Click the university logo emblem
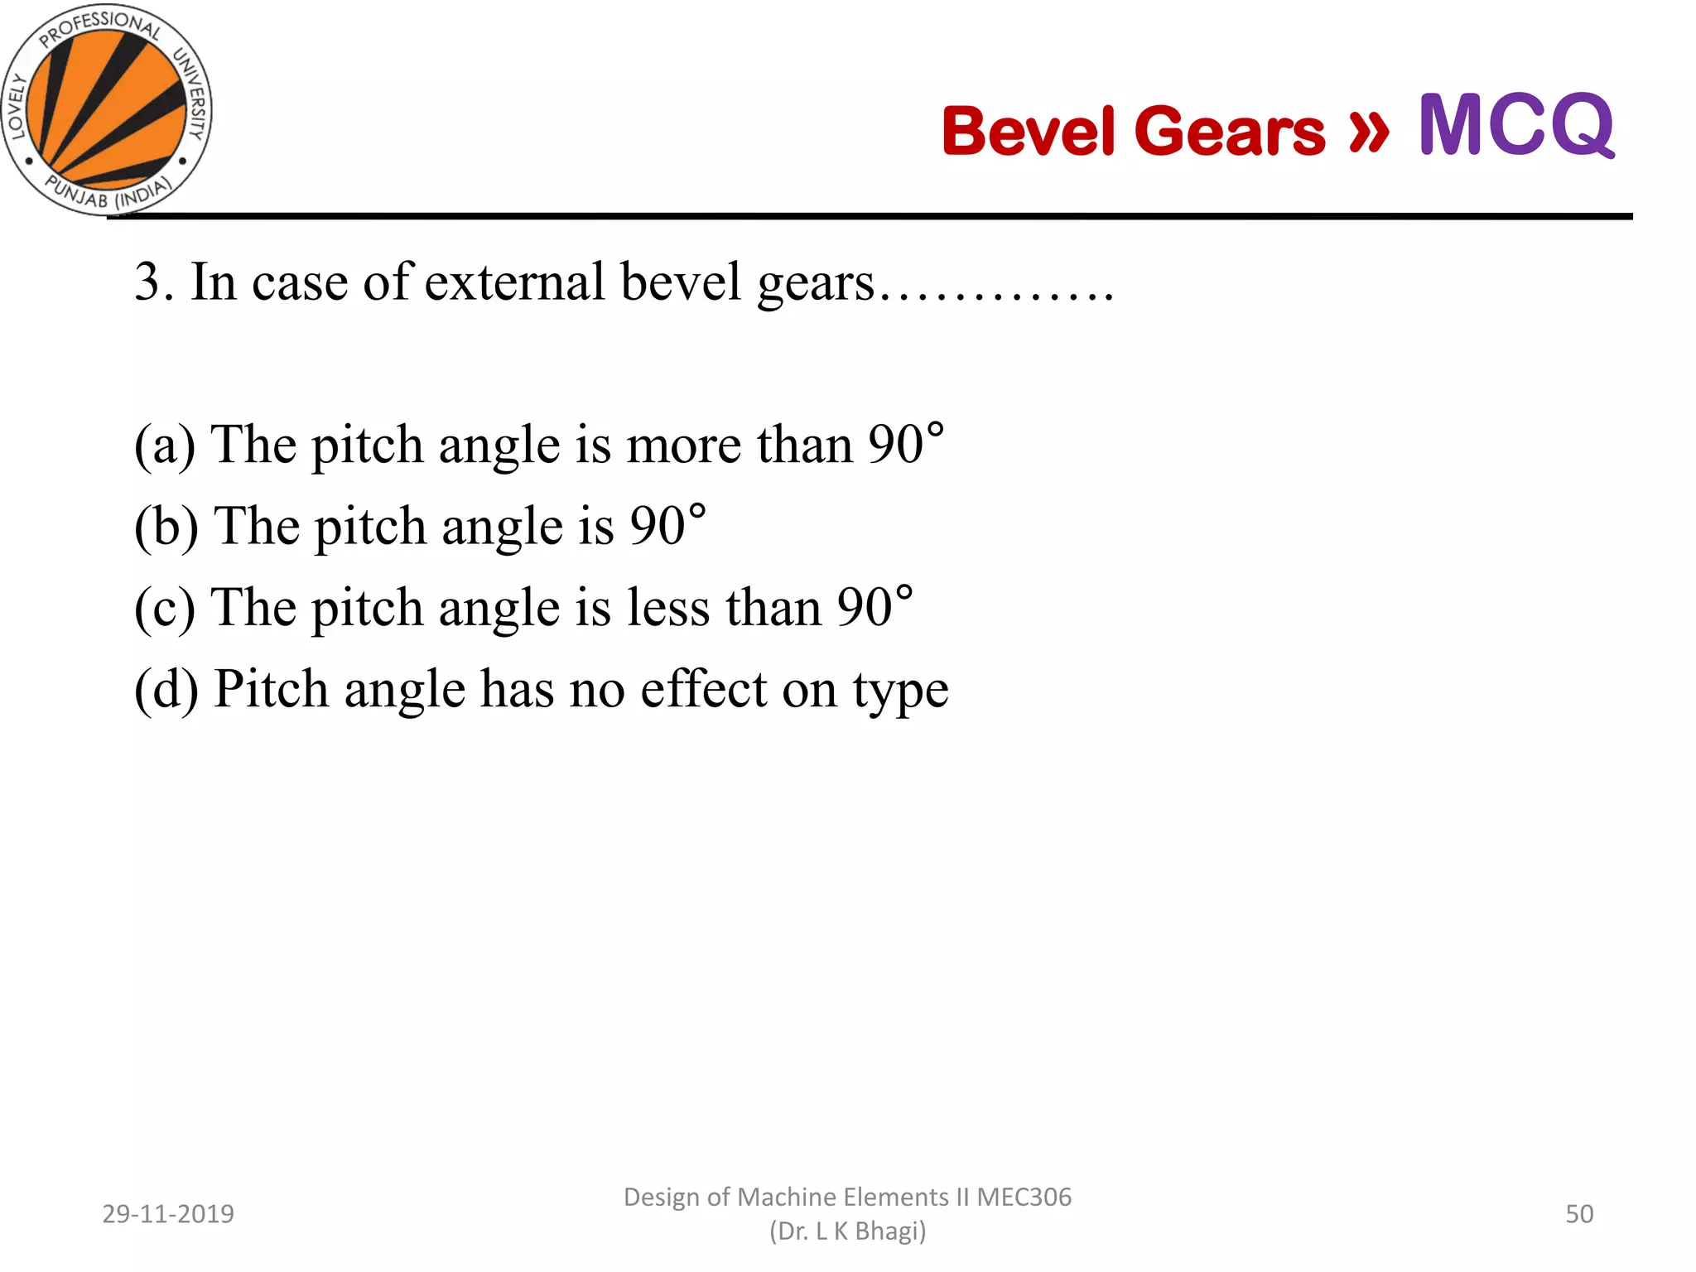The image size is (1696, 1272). coord(106,109)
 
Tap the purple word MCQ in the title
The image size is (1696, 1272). coord(1515,126)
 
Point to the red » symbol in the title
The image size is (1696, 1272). coord(1368,129)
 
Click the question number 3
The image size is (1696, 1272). coord(148,282)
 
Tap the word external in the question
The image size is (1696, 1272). coord(514,282)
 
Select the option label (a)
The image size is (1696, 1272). coord(165,445)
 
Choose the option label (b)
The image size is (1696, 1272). coord(166,526)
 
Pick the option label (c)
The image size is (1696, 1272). coord(165,607)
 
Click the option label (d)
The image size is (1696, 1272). coord(166,688)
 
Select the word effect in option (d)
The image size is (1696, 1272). coord(703,688)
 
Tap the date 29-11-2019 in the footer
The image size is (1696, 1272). coord(168,1214)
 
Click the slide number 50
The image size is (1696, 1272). coord(1579,1214)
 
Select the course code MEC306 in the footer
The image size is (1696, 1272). coord(1024,1197)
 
